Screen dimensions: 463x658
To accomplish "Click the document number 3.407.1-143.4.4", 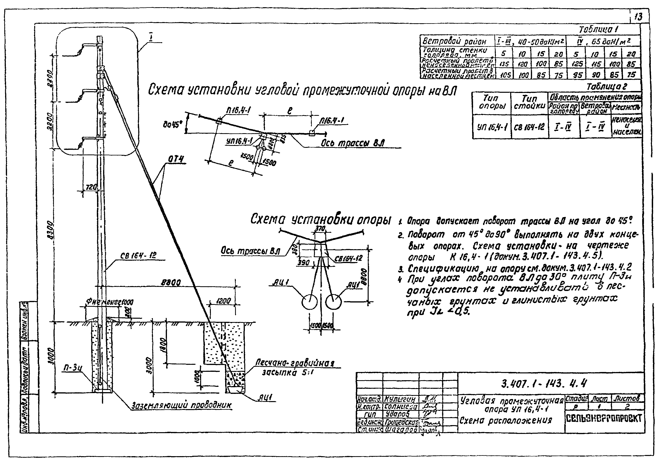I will coord(544,383).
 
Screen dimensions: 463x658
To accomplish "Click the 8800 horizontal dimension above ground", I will coord(170,283).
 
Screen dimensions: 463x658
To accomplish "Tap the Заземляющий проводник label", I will coord(181,405).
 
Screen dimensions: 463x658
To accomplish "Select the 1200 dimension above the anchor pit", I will coord(223,301).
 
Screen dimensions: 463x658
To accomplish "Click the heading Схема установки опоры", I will coord(320,220).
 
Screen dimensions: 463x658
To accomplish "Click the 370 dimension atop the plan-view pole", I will coord(320,228).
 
